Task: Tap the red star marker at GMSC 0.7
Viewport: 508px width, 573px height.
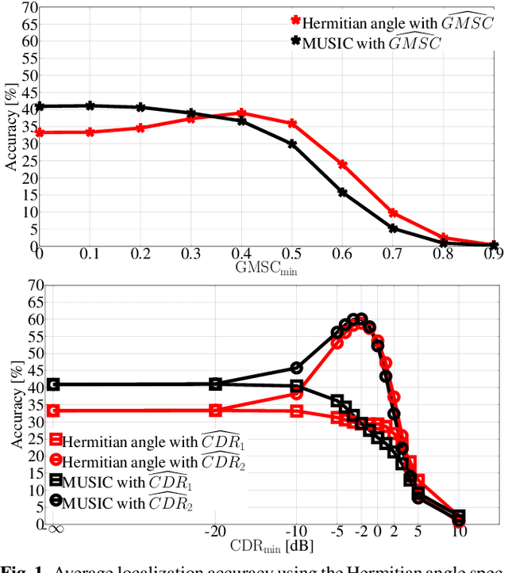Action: (393, 213)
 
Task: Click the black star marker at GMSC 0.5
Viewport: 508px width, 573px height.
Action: (292, 144)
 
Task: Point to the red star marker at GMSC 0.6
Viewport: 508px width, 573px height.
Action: (343, 164)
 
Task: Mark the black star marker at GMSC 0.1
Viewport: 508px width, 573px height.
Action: (90, 105)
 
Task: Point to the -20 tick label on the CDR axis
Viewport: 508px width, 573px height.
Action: (214, 531)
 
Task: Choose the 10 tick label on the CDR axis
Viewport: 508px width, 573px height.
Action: (459, 531)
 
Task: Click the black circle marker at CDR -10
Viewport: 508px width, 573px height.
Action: (297, 368)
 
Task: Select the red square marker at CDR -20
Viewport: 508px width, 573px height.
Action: (215, 411)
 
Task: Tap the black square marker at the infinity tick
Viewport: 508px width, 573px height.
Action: (53, 384)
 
